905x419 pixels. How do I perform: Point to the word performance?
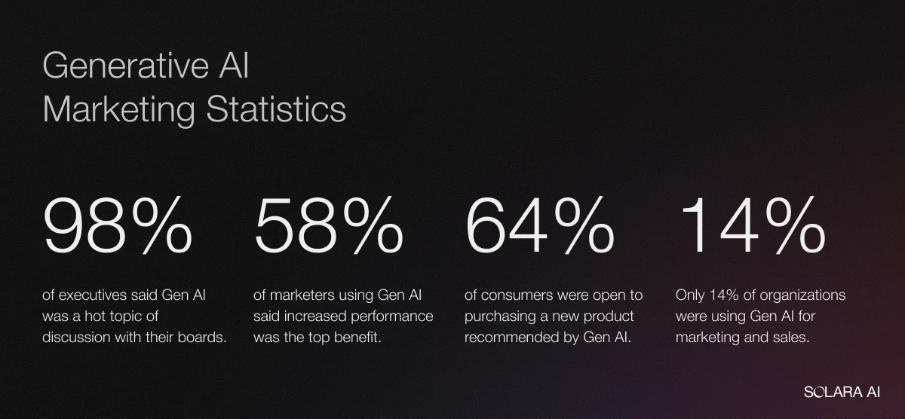pos(396,316)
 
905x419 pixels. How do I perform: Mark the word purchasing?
pos(501,316)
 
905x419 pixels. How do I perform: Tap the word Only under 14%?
pos(690,295)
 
